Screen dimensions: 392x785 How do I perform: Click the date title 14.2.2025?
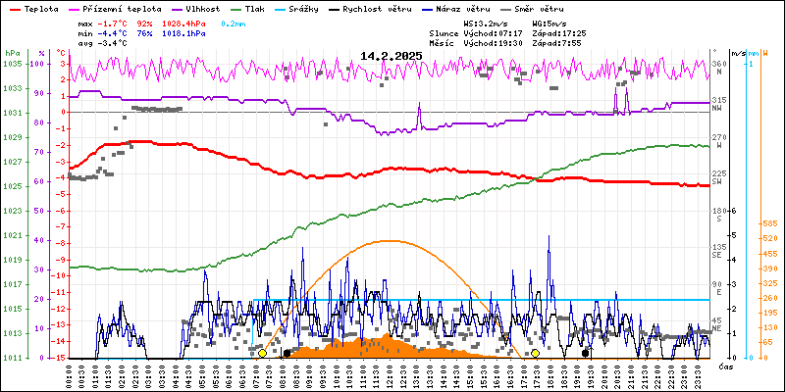click(x=391, y=56)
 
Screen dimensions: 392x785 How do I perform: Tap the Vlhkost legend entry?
click(x=201, y=7)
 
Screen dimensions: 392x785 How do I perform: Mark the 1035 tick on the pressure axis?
click(x=12, y=64)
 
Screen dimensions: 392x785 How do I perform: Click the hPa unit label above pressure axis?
click(x=12, y=53)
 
